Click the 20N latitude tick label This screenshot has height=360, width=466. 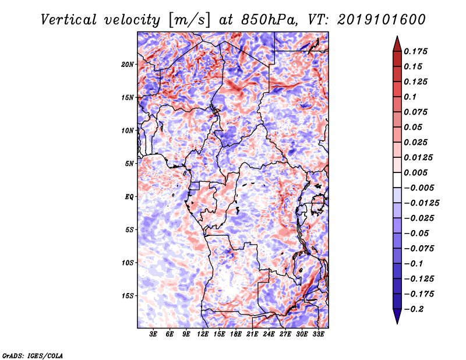click(127, 65)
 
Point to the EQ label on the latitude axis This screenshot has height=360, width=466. click(129, 197)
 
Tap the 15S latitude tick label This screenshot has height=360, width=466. click(127, 296)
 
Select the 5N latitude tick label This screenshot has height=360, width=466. click(129, 164)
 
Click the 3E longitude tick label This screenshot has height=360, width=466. click(153, 334)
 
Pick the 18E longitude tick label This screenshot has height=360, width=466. click(236, 334)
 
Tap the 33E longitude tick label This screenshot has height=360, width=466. click(318, 334)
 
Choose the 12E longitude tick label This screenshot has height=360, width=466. click(203, 334)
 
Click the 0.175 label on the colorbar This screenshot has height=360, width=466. click(415, 51)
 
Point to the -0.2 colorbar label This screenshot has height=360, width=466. click(414, 309)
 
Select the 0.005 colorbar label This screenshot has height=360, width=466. click(415, 172)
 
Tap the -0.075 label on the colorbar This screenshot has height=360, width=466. click(419, 249)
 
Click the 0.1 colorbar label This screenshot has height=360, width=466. click(410, 97)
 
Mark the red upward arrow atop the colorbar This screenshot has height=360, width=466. click(397, 44)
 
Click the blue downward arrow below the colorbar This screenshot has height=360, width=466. click(397, 316)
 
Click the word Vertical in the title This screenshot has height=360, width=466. click(68, 20)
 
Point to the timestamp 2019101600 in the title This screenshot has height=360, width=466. click(382, 20)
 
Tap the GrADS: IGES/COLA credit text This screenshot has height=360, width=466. click(33, 355)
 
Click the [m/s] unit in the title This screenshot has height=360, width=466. click(189, 20)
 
